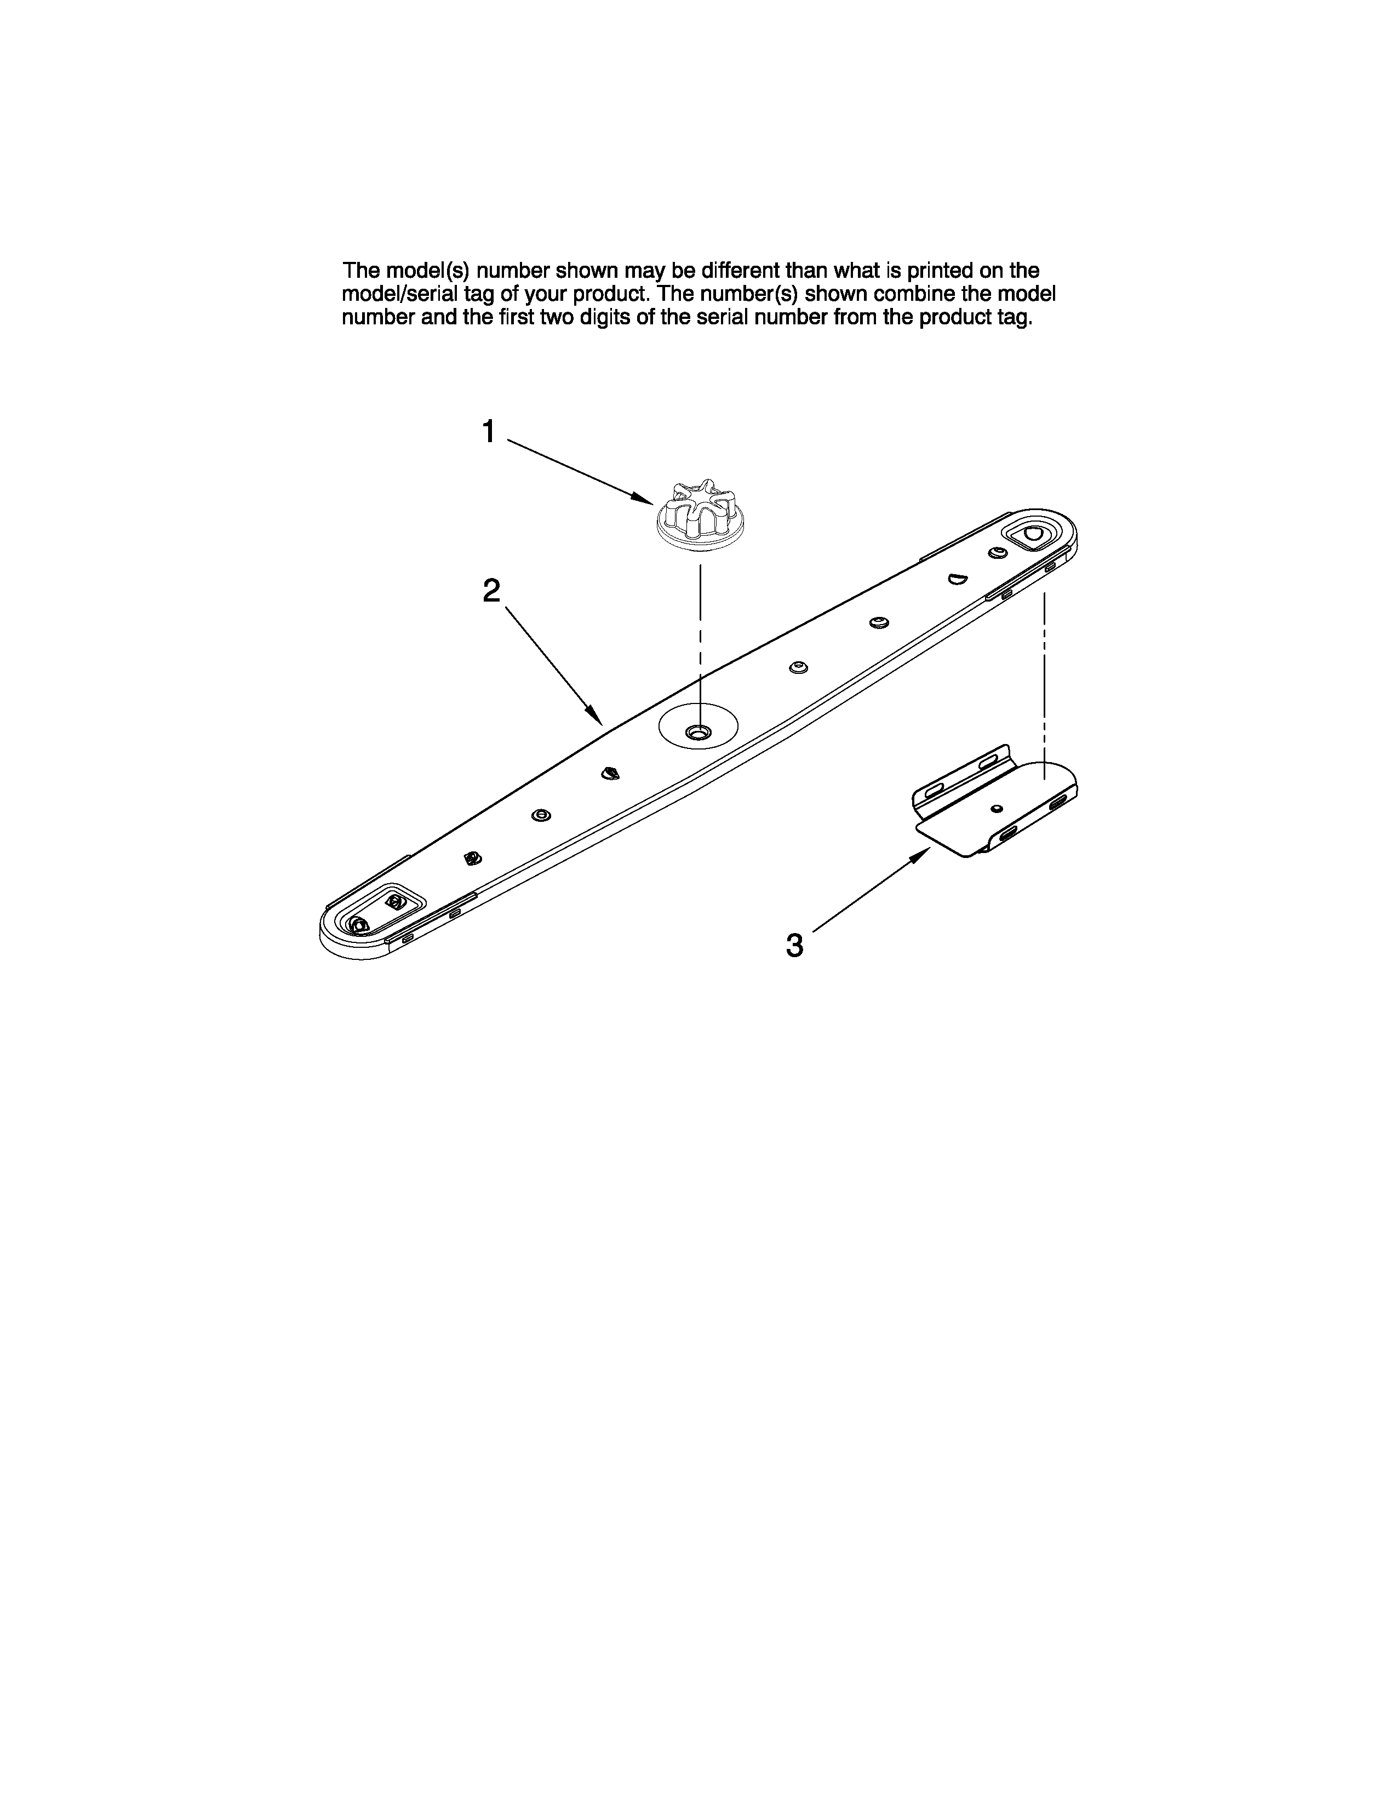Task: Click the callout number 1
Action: pyautogui.click(x=489, y=431)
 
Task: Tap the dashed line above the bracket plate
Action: pyautogui.click(x=1044, y=679)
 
